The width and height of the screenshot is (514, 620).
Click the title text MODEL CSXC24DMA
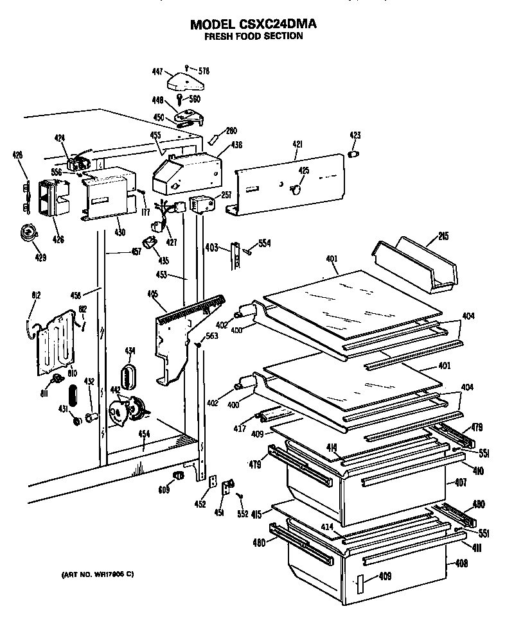pos(253,24)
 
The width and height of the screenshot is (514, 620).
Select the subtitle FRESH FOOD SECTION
pos(253,37)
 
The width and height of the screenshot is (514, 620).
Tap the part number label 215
pos(443,235)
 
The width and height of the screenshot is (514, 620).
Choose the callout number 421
pos(297,146)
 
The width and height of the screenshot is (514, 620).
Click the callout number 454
pos(143,433)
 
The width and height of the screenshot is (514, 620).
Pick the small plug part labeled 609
pos(178,474)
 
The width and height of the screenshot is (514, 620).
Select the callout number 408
pos(461,564)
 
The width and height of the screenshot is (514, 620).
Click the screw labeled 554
pos(248,252)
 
